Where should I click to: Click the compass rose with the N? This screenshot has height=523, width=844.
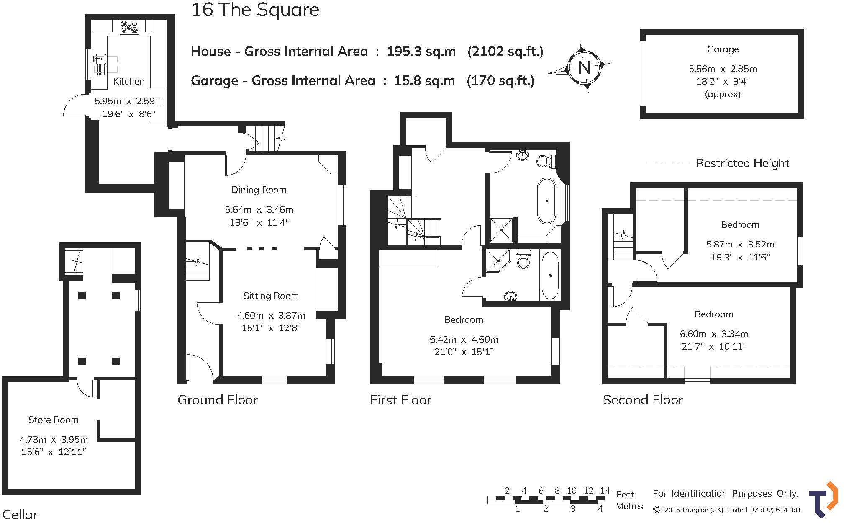click(584, 67)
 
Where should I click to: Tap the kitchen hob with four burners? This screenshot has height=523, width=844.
click(129, 28)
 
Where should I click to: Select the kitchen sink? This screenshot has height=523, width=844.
click(100, 59)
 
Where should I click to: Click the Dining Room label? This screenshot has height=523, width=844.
click(259, 190)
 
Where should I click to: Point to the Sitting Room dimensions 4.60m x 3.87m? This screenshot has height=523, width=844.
click(271, 315)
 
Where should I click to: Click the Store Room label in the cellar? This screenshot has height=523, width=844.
click(53, 420)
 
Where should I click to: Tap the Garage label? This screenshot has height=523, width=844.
click(723, 49)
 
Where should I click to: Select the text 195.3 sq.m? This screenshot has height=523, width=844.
click(421, 52)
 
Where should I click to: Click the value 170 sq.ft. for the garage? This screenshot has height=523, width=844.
click(500, 80)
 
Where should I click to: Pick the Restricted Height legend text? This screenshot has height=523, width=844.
click(742, 163)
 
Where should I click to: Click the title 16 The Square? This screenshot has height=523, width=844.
click(255, 10)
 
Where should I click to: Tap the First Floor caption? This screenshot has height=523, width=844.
click(400, 400)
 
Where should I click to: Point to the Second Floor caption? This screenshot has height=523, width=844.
click(643, 400)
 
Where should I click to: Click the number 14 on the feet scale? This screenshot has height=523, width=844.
click(605, 490)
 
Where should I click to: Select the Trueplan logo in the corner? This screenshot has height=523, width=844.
click(823, 500)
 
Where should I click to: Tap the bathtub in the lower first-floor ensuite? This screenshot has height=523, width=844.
click(550, 276)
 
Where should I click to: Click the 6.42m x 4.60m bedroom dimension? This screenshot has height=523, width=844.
click(464, 339)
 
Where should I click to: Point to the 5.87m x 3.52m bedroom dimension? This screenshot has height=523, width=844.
click(740, 244)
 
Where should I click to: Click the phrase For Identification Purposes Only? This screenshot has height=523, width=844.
click(726, 494)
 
